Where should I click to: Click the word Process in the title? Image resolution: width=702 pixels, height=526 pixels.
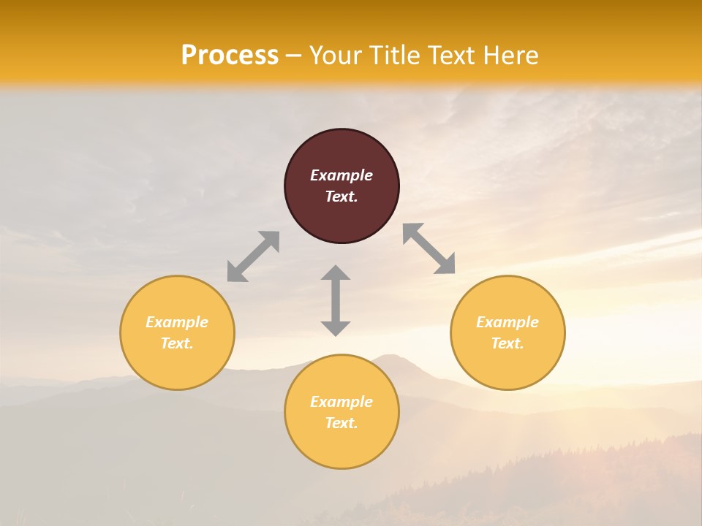(230, 56)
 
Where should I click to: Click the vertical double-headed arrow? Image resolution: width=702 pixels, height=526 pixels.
(336, 300)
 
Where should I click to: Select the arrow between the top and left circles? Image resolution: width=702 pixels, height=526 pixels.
(253, 256)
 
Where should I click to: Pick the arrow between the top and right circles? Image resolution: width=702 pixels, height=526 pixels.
(429, 249)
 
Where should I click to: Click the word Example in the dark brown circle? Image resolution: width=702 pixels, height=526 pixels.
(341, 175)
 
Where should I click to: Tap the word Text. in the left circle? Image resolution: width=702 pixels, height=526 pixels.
(177, 343)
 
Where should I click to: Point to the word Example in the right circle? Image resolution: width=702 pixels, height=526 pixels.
(507, 322)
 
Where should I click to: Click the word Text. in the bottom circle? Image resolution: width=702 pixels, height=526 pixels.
(341, 423)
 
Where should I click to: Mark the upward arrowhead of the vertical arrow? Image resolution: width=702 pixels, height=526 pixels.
(336, 273)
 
